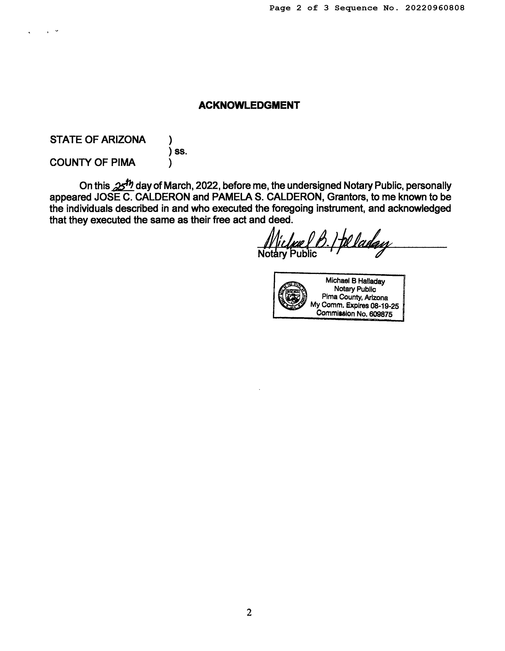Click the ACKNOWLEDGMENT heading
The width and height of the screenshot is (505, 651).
point(249,105)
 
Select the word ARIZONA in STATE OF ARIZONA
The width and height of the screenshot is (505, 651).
point(123,140)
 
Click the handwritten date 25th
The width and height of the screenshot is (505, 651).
point(123,185)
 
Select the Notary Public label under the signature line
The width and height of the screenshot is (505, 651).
point(287,254)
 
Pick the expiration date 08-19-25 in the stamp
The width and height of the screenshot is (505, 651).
point(384,306)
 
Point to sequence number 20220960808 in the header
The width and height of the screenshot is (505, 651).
point(435,8)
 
